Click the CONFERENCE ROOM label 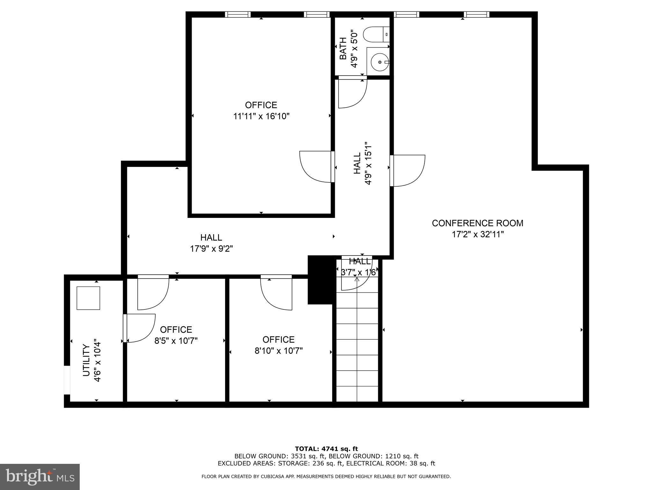tap(477, 223)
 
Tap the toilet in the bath tap(377, 34)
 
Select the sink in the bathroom tap(379, 62)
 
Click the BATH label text tap(343, 48)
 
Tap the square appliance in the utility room tap(88, 298)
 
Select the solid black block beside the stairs tap(320, 280)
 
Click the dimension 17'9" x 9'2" tap(211, 249)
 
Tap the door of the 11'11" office tap(316, 167)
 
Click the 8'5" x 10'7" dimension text tap(176, 341)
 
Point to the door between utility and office tap(139, 328)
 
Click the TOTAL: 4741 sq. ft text tap(326, 449)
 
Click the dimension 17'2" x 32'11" tap(477, 234)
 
